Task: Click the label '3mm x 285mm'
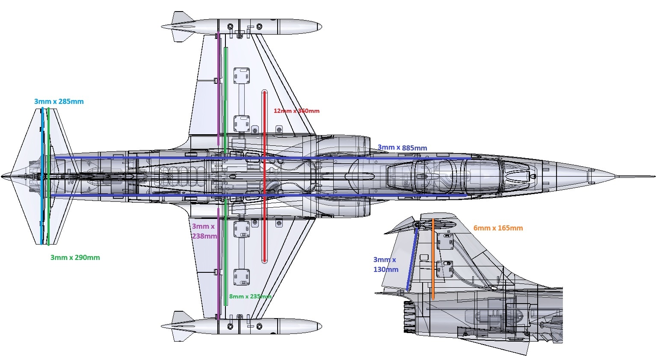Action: (59, 102)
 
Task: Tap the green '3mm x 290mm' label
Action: (75, 257)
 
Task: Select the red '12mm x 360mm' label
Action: (296, 111)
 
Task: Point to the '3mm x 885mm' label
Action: (402, 148)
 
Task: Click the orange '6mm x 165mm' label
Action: (498, 228)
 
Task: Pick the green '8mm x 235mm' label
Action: (250, 296)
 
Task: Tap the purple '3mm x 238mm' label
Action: (204, 231)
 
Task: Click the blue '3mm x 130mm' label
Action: (385, 264)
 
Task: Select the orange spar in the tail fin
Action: (433, 259)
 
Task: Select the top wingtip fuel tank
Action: (242, 27)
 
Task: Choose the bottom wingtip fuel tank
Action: (242, 326)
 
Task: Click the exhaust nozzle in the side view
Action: (410, 316)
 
